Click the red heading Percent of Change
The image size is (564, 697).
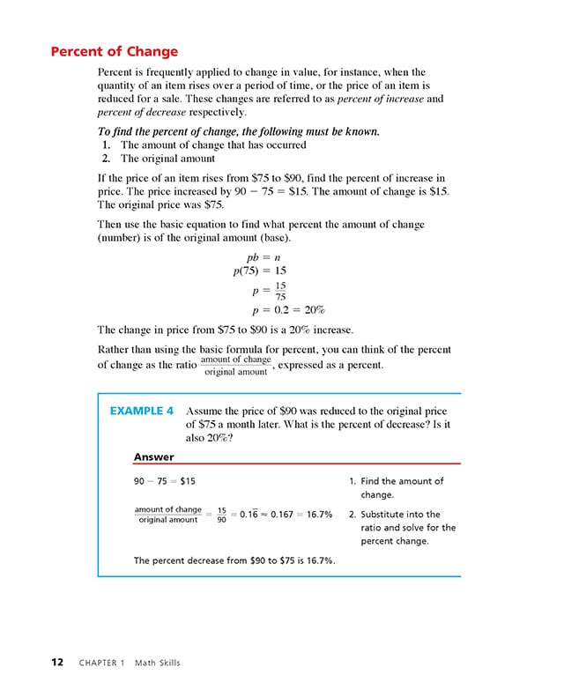click(114, 51)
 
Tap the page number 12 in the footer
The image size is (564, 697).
click(56, 663)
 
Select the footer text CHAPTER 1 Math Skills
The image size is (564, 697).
click(130, 663)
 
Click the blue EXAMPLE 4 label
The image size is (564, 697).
click(141, 411)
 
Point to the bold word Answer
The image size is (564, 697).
click(153, 456)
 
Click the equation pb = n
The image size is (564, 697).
click(263, 256)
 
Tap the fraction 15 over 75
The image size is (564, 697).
click(280, 291)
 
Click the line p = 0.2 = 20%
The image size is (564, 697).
click(288, 310)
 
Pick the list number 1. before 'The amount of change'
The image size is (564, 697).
click(106, 145)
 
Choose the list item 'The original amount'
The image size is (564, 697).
click(167, 159)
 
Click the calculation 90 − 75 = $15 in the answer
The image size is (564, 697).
click(165, 481)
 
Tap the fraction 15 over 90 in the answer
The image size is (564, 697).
click(221, 514)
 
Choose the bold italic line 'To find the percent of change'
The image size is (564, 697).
click(238, 131)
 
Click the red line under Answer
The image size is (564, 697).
click(296, 464)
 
